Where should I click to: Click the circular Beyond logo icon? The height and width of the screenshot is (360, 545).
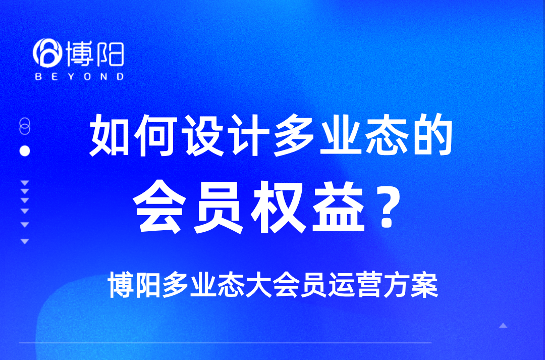(x=47, y=53)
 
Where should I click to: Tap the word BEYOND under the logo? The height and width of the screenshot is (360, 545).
(x=79, y=77)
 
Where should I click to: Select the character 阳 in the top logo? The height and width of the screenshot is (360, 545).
(x=110, y=54)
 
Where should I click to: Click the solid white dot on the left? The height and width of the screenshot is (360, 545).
(x=25, y=151)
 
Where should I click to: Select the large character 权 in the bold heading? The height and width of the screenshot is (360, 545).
(x=278, y=207)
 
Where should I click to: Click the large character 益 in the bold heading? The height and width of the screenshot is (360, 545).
(x=337, y=207)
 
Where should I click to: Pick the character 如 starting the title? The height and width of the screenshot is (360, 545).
(x=110, y=135)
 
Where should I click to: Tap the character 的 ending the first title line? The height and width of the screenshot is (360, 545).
(x=433, y=135)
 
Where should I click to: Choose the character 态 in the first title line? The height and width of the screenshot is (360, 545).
(x=387, y=135)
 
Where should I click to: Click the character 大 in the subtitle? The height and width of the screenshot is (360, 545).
(x=259, y=285)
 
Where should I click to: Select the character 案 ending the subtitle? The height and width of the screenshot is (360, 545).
(x=424, y=285)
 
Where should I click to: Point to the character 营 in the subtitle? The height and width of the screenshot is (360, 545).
(x=369, y=285)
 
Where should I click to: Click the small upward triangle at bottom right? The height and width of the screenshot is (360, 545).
(x=503, y=326)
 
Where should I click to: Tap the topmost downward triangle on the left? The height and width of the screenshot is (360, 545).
(x=25, y=183)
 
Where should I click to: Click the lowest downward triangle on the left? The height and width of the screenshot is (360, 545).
(x=25, y=241)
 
